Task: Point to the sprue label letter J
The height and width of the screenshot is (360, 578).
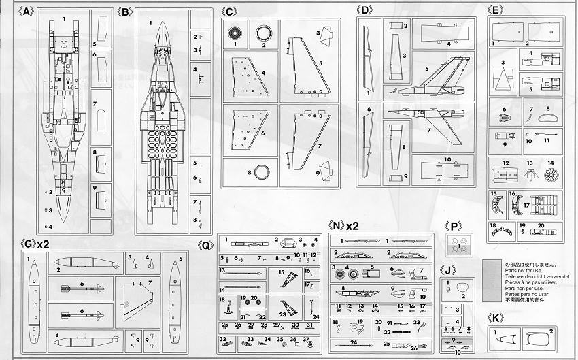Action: coord(447,270)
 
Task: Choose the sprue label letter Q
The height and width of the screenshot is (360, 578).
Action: coord(205,244)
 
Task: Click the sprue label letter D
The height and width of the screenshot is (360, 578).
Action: coord(365,11)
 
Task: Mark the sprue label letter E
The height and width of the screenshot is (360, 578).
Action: coord(496,11)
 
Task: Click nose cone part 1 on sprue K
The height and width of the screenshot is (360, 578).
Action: coord(507,338)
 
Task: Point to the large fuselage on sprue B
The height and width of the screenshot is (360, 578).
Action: coord(163,116)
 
